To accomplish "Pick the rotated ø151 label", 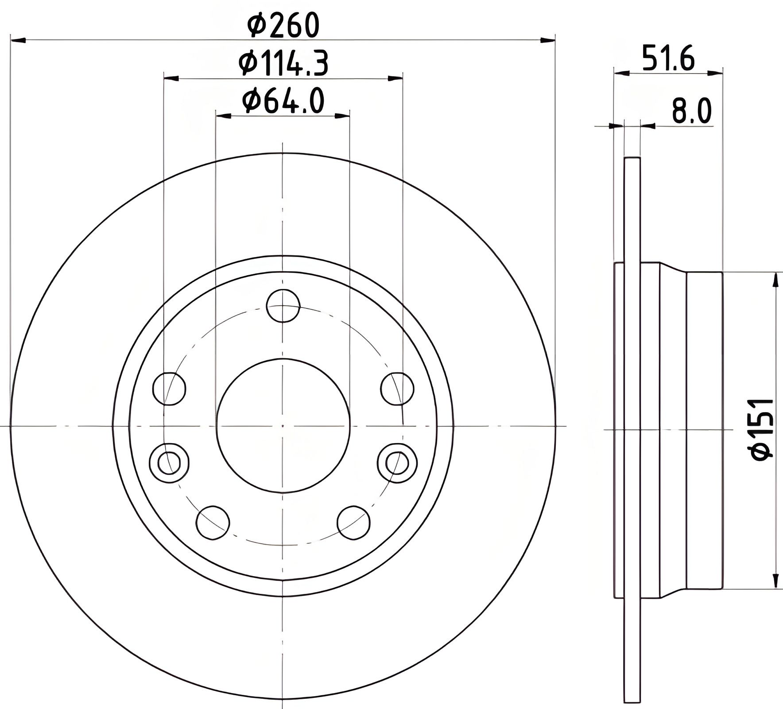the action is click(763, 429).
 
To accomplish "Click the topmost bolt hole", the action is click(283, 306).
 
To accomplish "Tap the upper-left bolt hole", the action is click(169, 389).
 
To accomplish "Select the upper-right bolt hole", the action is click(397, 389).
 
